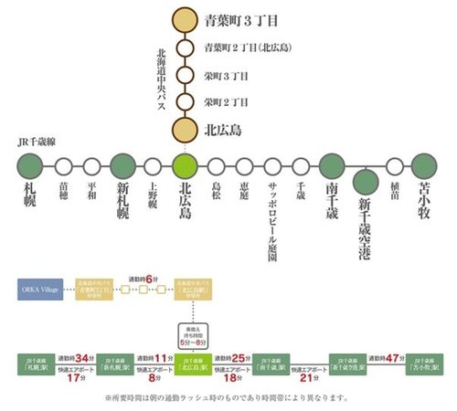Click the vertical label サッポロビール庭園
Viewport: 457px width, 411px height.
(x=273, y=220)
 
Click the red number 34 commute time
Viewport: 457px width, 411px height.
(x=86, y=357)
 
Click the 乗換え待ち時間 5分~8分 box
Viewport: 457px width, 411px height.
(x=197, y=334)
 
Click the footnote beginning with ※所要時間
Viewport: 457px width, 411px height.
(x=228, y=398)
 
